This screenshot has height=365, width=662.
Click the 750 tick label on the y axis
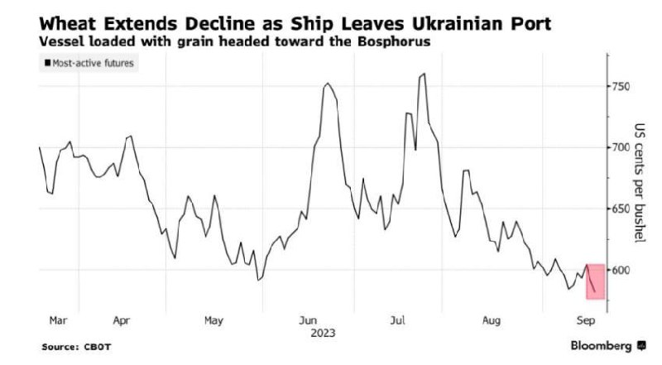tap(621, 87)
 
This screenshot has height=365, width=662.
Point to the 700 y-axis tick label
tap(621, 147)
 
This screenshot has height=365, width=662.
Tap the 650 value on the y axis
tap(621, 209)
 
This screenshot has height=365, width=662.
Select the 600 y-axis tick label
tap(621, 270)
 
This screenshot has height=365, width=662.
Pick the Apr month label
tap(121, 318)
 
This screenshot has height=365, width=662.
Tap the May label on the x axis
tap(213, 318)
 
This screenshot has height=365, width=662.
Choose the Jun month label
tap(307, 318)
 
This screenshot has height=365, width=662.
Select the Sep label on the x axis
tap(583, 318)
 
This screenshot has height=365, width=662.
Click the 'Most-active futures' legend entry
tap(90, 62)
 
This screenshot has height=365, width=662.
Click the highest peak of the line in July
tap(424, 74)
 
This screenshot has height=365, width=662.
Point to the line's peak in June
tap(328, 84)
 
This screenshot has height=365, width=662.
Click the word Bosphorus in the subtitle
tap(393, 41)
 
